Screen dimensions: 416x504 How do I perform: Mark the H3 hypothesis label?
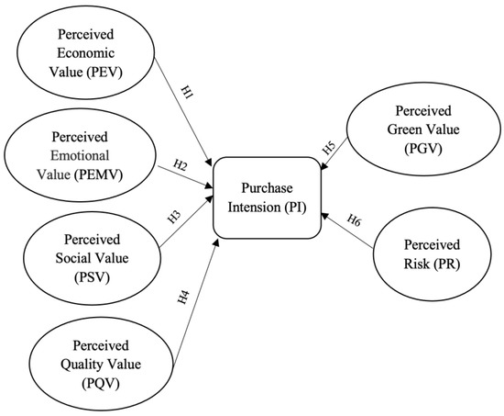pos(174,218)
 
